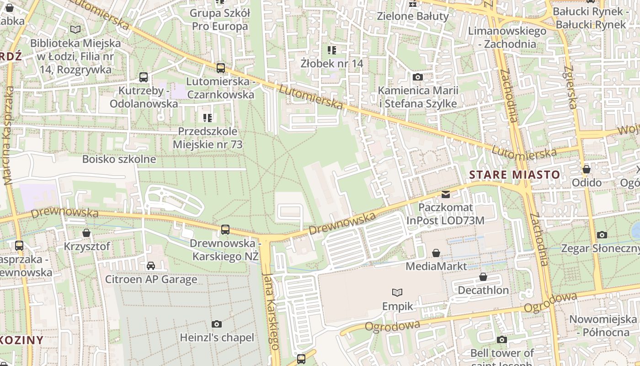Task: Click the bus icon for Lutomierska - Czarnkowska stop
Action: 221,68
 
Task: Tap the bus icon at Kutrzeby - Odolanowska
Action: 144,77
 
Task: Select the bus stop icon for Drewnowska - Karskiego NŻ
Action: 225,230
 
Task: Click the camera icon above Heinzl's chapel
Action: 217,324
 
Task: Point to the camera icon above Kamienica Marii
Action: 417,77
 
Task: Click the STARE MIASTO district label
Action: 514,175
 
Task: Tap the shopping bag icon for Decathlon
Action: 483,277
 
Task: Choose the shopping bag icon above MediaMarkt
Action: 436,253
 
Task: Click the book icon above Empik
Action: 397,292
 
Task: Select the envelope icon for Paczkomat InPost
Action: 445,194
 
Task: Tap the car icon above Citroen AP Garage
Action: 150,266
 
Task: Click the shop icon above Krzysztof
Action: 86,233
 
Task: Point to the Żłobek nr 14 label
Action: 332,63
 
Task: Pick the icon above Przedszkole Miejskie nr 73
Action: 208,118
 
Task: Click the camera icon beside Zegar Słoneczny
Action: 602,235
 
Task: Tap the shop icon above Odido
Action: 587,170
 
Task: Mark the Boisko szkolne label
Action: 119,159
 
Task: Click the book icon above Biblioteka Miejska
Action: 75,30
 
